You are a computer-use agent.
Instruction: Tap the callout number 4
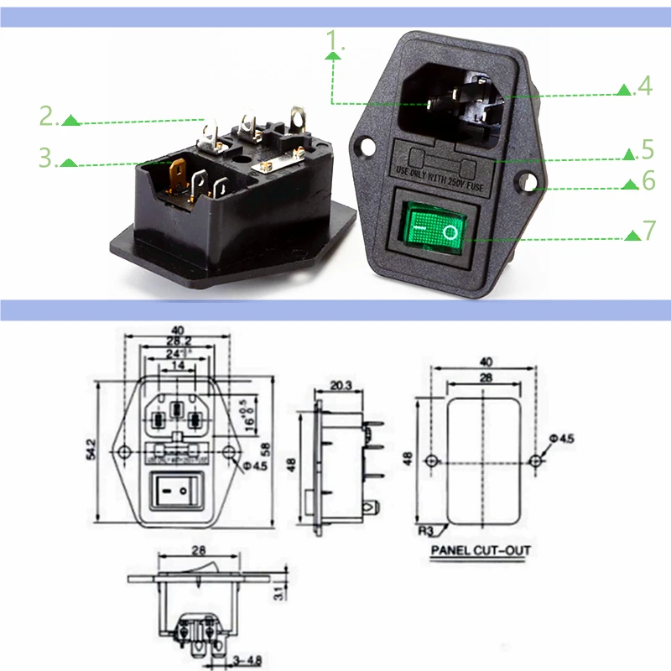click(x=643, y=86)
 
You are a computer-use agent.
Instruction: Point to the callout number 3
click(x=48, y=157)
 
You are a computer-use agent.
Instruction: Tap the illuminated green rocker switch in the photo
click(x=434, y=226)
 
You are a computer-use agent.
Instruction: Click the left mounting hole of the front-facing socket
click(x=362, y=146)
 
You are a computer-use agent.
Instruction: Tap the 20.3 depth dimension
click(x=341, y=385)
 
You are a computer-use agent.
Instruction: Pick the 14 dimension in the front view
click(x=177, y=367)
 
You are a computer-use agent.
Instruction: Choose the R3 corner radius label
click(x=426, y=531)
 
